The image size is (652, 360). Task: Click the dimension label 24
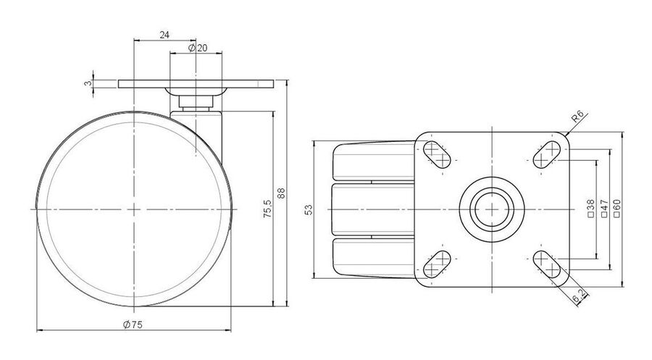coord(164,35)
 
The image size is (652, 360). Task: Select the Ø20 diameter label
coord(198,49)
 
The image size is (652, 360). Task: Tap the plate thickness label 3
coord(88,83)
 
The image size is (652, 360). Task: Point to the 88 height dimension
coord(282,193)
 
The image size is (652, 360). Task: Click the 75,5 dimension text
coord(267,209)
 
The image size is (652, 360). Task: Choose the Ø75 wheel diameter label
coord(133,325)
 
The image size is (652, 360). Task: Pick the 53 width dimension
coord(309,209)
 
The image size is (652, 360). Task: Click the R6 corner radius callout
coord(577,116)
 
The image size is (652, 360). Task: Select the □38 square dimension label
coord(590,209)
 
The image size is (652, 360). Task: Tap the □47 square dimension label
coord(604,209)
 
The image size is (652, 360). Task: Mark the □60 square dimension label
coord(617,209)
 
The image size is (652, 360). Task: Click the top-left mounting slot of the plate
coord(437,154)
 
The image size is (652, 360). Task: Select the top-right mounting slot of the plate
coord(547,154)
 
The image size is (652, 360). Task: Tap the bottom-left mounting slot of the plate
coord(437,264)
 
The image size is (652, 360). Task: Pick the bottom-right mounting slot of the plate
coord(547,264)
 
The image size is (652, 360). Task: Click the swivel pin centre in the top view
coord(492,209)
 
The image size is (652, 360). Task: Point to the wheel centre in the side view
coord(134,209)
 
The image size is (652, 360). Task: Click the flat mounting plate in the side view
coord(196,84)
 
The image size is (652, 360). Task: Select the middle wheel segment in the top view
coord(372,209)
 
